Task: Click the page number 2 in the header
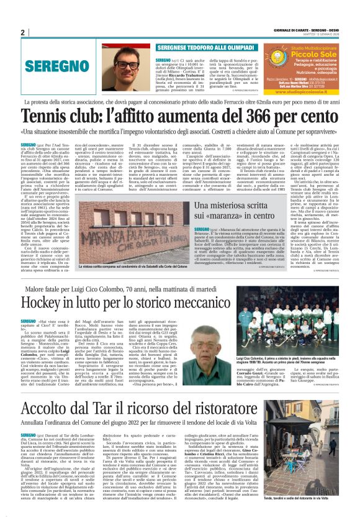coord(22,33)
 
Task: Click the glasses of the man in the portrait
coord(127,64)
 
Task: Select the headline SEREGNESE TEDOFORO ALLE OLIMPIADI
coord(197,47)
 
